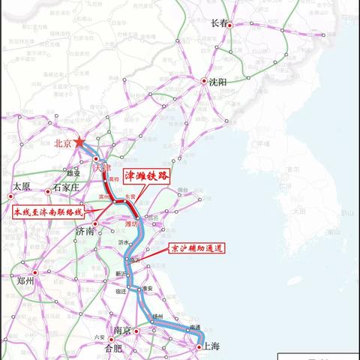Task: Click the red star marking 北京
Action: coord(79,142)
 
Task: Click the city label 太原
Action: coord(22,187)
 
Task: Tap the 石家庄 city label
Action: coord(62,187)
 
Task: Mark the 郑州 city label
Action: coord(27,280)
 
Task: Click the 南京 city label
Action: coord(123,331)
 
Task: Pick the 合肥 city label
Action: coord(113,349)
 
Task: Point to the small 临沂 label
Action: coord(136,259)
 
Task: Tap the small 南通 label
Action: coord(195,328)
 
